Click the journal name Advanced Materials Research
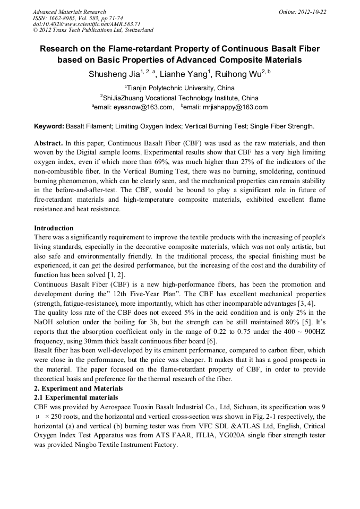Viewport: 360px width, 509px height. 69,12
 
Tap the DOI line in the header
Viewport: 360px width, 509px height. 87,24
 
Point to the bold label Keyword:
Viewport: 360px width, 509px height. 49,126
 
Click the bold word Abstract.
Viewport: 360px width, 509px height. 48,144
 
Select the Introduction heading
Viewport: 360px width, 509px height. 54,228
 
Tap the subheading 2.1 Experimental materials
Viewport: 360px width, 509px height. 75,398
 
